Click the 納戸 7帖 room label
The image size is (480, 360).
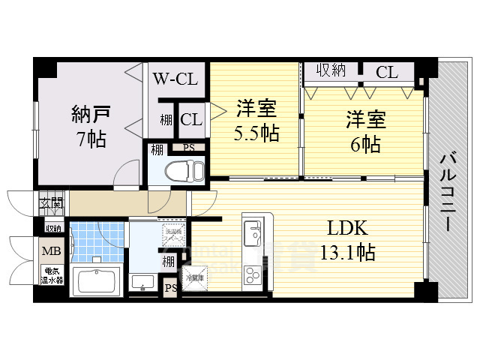coord(91,126)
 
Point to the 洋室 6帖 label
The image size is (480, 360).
coord(364,131)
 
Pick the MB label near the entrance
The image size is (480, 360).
coord(51,251)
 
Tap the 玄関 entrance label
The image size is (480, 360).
coord(51,201)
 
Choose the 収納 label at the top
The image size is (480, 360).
coord(330,71)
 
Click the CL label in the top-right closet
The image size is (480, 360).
coord(386,72)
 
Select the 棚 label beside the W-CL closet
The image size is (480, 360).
coord(165,119)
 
